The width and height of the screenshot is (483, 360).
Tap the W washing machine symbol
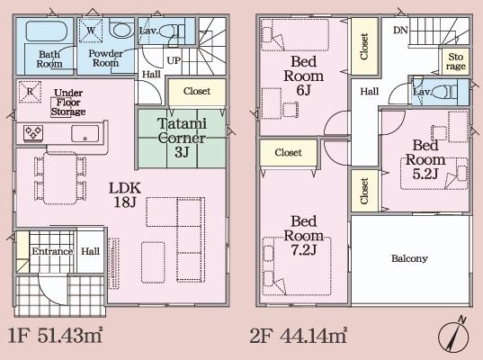coord(91,31)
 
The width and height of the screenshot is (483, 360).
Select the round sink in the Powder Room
coord(121,30)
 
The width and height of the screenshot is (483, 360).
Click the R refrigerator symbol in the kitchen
coord(30,91)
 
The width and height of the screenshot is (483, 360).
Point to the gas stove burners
coord(33,133)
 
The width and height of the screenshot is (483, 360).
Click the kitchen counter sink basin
coord(85,133)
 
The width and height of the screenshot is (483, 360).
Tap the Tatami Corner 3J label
coord(182,138)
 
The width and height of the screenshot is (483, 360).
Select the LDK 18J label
coord(125,194)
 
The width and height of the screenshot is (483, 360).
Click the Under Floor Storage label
coord(68,102)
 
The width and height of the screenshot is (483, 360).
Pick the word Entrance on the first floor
coord(52,251)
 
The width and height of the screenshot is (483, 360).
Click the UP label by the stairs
coord(174,60)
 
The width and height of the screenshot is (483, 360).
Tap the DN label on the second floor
coord(400,31)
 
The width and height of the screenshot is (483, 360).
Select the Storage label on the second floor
coord(456,61)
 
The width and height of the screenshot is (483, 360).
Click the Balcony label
coord(409,258)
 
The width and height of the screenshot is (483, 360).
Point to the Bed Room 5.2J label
coord(425,159)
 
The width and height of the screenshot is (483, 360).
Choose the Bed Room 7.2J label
coord(304,236)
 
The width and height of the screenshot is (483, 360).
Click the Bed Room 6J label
coord(304,76)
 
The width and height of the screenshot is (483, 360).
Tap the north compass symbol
coord(453,335)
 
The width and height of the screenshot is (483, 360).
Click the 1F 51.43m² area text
coord(55,336)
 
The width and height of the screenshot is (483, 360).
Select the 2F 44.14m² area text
coord(298,336)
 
